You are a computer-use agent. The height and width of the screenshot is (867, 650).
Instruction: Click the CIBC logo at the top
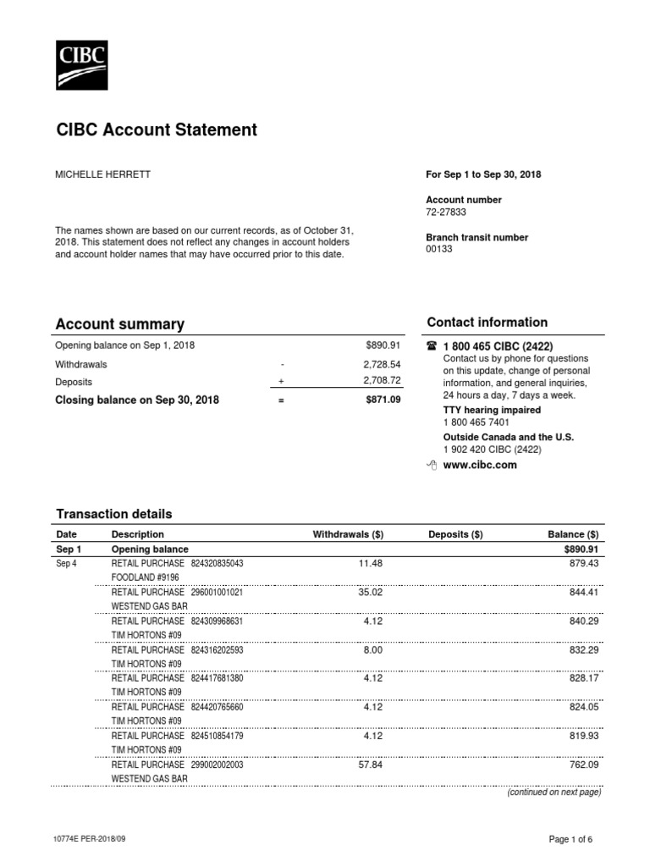(82, 64)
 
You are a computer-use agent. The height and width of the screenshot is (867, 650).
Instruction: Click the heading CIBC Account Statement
(156, 130)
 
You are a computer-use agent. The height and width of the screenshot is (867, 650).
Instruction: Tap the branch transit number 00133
(439, 249)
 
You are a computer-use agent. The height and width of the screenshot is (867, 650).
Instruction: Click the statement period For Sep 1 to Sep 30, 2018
(483, 174)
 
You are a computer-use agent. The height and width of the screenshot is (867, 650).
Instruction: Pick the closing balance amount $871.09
(383, 400)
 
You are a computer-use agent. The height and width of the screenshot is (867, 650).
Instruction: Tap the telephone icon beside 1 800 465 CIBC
(432, 346)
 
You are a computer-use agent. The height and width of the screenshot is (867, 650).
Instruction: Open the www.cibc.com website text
(480, 465)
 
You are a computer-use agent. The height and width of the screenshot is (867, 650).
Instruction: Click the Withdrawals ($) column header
(348, 534)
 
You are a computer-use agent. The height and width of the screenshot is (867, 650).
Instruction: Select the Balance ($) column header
(573, 534)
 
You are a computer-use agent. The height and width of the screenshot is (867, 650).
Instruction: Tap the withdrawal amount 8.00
(373, 649)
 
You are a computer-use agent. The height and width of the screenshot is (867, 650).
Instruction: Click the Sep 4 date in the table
(66, 563)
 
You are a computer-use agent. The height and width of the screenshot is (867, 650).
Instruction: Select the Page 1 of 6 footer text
(571, 839)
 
